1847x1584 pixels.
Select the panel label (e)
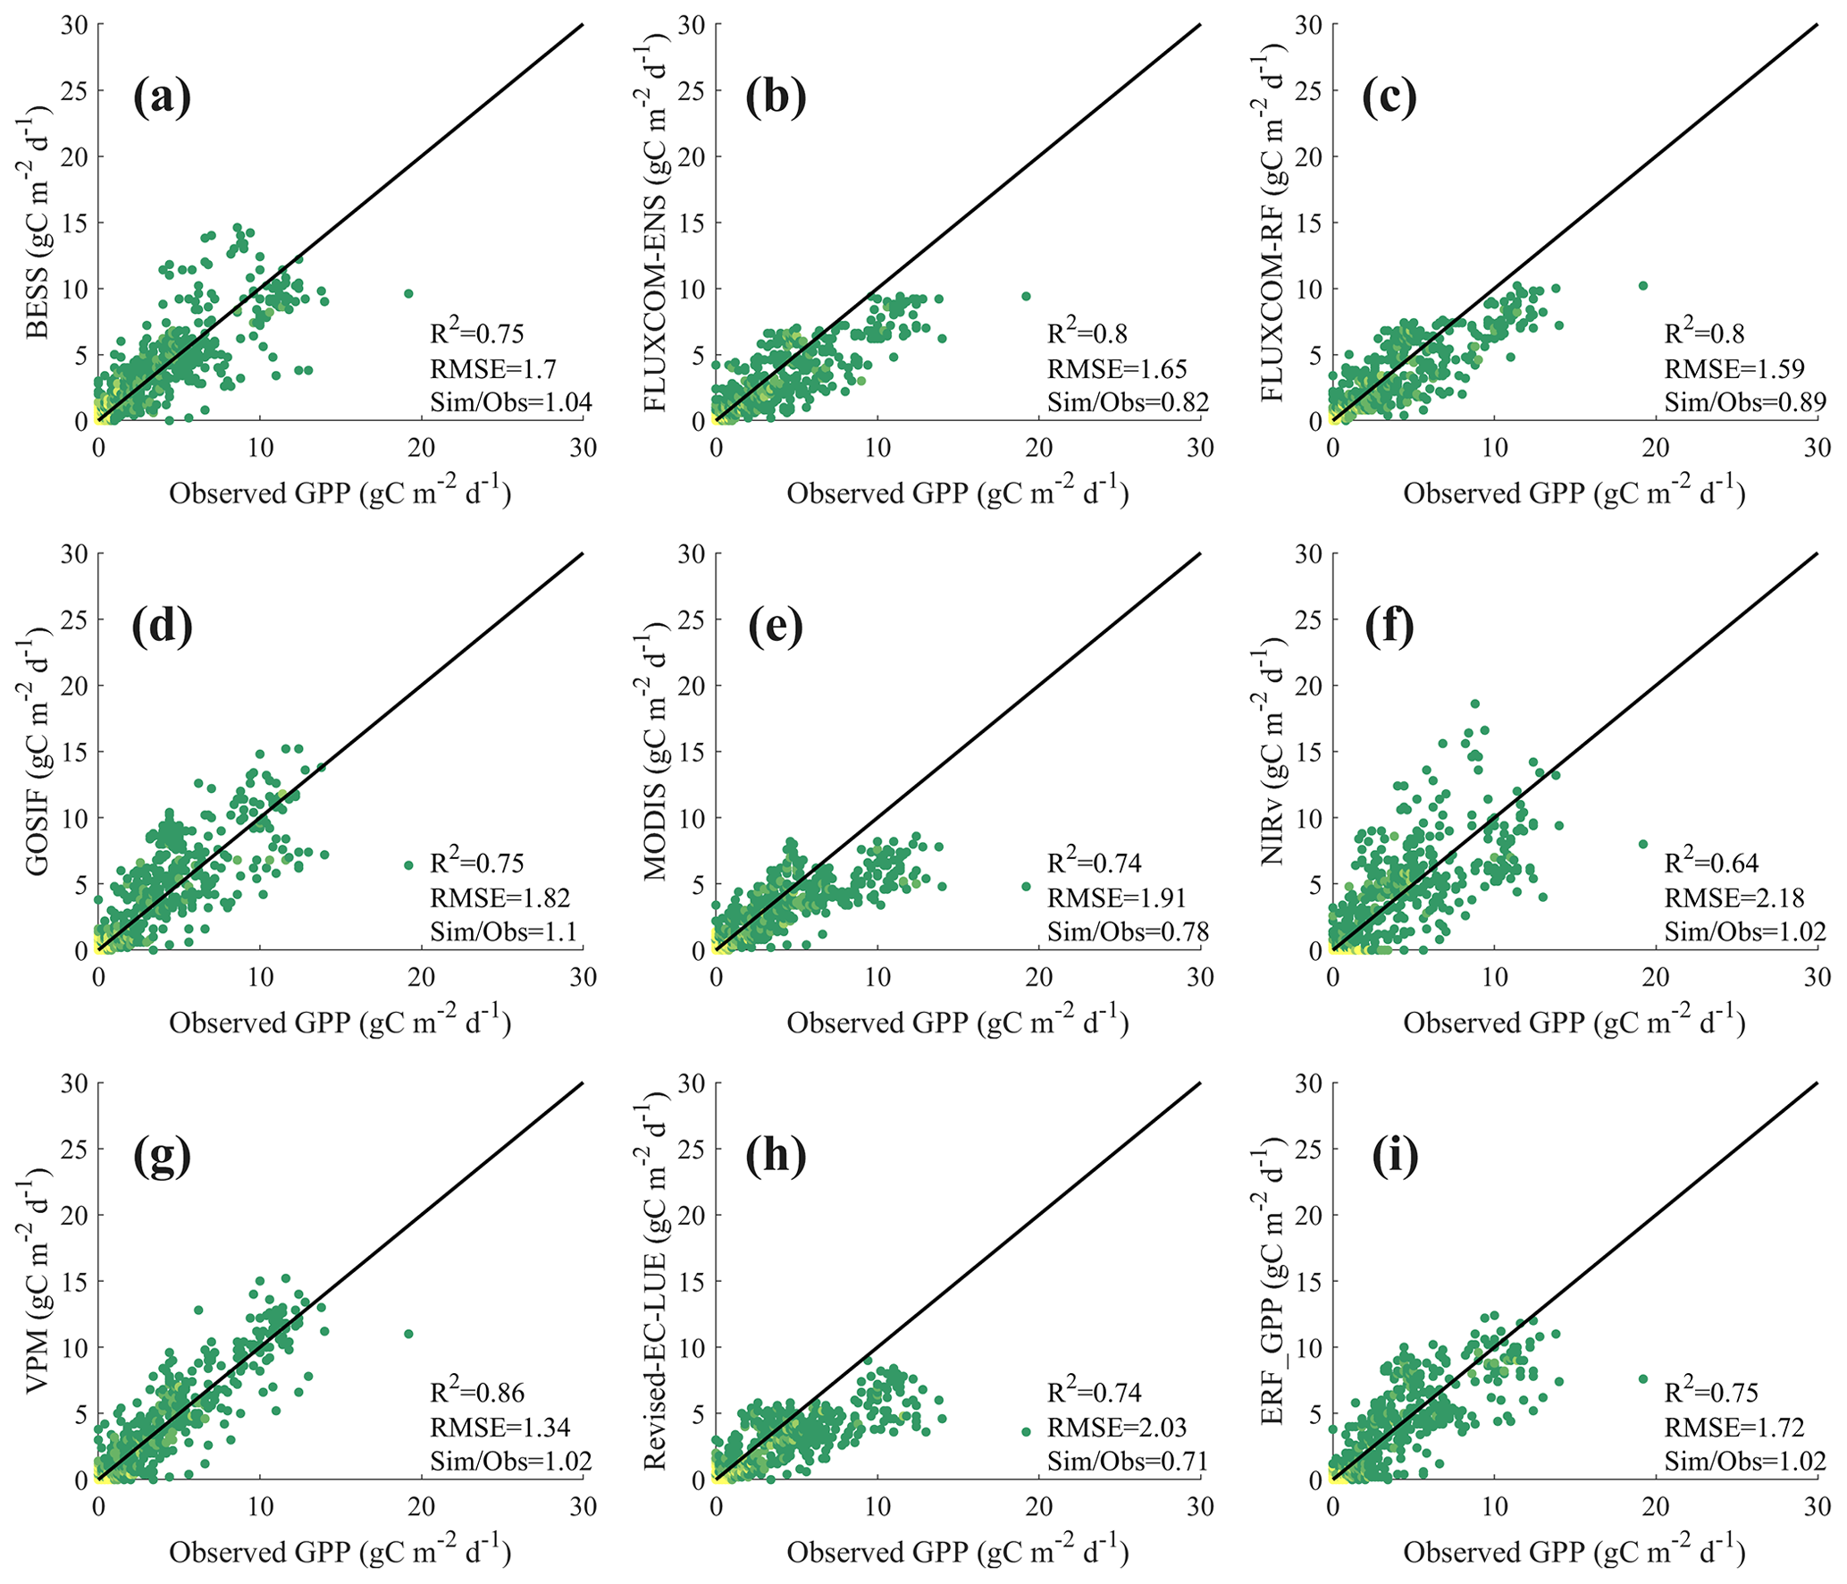coord(775,626)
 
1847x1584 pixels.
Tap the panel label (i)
coord(1394,1156)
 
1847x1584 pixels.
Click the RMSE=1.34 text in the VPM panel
coord(500,1428)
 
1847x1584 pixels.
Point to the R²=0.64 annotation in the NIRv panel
coord(1710,863)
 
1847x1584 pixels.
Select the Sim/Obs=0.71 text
coord(1128,1462)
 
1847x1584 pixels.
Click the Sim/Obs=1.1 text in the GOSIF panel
coord(503,932)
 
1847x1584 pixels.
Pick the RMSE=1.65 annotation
coord(1117,368)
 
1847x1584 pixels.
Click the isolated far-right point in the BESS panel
coord(408,293)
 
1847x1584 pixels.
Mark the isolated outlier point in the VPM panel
coord(408,1334)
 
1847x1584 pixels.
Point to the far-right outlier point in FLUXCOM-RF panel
coord(1642,286)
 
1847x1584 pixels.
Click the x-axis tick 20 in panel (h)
coord(1039,1506)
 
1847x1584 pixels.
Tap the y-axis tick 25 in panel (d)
coord(74,619)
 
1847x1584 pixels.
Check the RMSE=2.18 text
coord(1734,897)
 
